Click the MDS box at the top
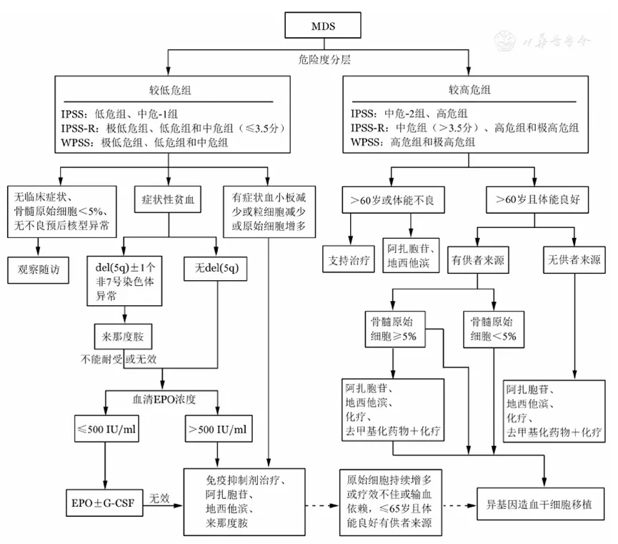323,25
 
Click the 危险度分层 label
324,59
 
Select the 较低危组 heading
170,90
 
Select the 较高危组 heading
469,90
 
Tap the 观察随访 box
39,269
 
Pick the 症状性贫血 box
168,199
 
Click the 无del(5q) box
216,269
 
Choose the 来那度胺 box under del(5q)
123,337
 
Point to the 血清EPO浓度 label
164,399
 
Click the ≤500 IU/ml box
106,429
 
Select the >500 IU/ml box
219,429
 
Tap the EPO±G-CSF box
104,503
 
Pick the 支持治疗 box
349,259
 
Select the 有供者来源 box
478,260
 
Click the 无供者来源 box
574,260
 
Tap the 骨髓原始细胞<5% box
494,330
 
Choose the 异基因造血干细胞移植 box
540,504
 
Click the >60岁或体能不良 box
394,200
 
